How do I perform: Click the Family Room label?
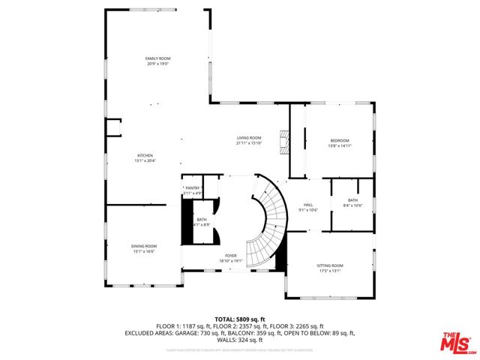click(x=157, y=58)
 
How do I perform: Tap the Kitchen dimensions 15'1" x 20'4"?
click(x=145, y=160)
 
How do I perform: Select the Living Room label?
click(x=249, y=138)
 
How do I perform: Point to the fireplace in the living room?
click(x=283, y=141)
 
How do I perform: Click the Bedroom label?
click(x=340, y=141)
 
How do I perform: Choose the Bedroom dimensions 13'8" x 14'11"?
click(x=340, y=146)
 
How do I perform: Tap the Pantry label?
click(x=193, y=188)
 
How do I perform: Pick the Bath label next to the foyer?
click(x=202, y=219)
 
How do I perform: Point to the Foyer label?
click(x=230, y=256)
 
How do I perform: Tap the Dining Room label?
click(x=145, y=246)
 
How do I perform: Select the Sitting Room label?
click(x=331, y=265)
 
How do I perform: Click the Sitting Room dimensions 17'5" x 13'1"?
click(x=331, y=271)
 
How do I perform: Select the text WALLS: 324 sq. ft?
click(x=240, y=339)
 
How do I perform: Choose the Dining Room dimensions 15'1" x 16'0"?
click(x=145, y=252)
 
